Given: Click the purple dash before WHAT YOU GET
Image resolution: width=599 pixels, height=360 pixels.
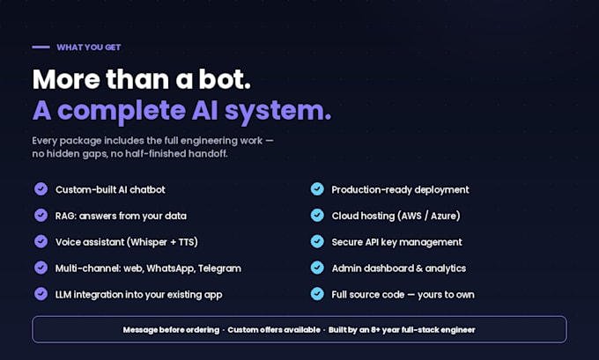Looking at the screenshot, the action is (x=41, y=48).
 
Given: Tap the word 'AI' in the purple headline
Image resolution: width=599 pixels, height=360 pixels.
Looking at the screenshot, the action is (x=205, y=110).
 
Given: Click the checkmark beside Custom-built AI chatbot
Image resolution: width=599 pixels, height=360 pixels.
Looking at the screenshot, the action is (x=41, y=189).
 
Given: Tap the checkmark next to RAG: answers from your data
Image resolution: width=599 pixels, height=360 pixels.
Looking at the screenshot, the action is (x=41, y=216).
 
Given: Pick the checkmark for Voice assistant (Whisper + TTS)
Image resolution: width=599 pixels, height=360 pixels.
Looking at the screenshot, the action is (x=41, y=242).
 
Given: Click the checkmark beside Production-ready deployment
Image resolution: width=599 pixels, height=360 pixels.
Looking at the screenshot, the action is (x=317, y=189).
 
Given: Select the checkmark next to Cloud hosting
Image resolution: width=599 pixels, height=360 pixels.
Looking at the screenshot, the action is (x=317, y=216).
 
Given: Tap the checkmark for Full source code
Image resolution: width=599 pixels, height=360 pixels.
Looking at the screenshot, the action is (x=317, y=294).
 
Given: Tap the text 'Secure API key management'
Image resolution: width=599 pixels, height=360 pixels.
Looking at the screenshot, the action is (x=397, y=242).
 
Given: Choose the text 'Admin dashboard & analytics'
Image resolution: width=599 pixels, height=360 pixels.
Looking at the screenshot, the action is (x=399, y=268).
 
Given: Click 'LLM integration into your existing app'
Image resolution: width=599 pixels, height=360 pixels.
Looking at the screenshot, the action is (x=138, y=295).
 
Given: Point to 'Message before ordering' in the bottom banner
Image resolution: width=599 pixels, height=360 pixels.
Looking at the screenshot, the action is (x=171, y=330).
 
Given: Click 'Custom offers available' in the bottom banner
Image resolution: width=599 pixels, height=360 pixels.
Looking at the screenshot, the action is (x=274, y=330).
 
